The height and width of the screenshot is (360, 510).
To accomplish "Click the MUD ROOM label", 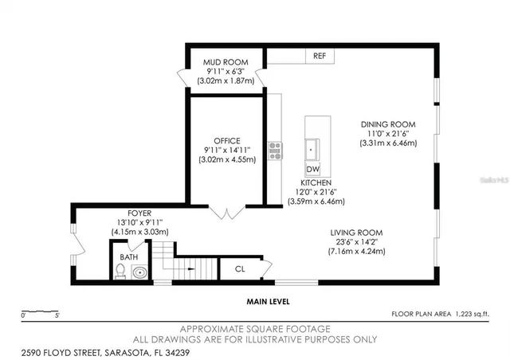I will [x=225, y=62].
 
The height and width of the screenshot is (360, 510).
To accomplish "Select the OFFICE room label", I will [x=226, y=141].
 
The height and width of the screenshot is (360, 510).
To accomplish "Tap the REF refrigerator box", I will [x=320, y=56].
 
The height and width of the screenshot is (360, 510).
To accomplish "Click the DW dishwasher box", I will [x=312, y=169].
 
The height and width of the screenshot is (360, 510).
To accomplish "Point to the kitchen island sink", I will [x=313, y=149].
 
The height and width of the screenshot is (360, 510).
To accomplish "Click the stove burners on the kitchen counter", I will [x=275, y=149].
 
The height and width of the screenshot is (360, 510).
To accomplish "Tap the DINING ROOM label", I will [x=389, y=124].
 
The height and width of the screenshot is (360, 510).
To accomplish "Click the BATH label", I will [x=128, y=257].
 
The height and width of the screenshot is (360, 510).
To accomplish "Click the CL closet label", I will [x=240, y=269].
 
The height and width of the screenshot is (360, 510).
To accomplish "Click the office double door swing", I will [x=227, y=212].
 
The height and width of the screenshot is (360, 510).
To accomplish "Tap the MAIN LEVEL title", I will [x=268, y=302].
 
